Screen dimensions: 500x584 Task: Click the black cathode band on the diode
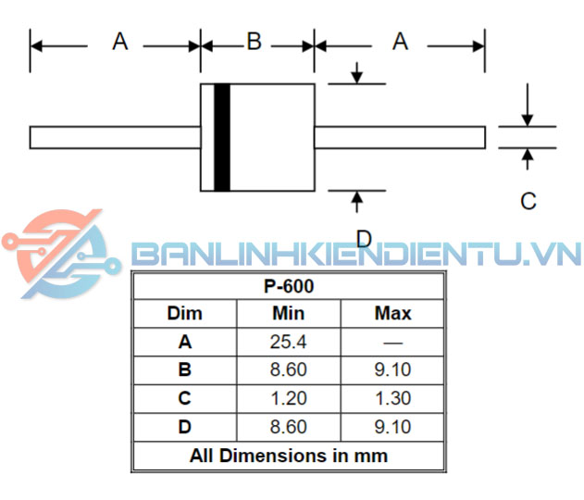pyautogui.click(x=222, y=138)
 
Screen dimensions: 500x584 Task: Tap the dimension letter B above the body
pyautogui.click(x=254, y=42)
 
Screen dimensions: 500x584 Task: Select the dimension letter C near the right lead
pyautogui.click(x=528, y=201)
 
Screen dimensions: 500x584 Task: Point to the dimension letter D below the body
pyautogui.click(x=363, y=239)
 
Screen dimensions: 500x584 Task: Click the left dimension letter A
pyautogui.click(x=119, y=42)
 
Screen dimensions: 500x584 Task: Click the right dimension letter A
pyautogui.click(x=400, y=42)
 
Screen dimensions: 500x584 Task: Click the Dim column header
pyautogui.click(x=184, y=314)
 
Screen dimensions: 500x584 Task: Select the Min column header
pyautogui.click(x=288, y=314)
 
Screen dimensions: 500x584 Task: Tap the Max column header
pyautogui.click(x=392, y=314)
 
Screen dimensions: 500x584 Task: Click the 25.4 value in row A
pyautogui.click(x=288, y=343)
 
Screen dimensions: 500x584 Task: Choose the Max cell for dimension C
pyautogui.click(x=392, y=399)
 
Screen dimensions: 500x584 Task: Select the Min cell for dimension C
pyautogui.click(x=288, y=399)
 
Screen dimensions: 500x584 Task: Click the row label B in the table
pyautogui.click(x=184, y=370)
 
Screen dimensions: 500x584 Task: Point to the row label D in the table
pyautogui.click(x=184, y=427)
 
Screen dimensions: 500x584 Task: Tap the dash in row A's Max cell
pyautogui.click(x=392, y=343)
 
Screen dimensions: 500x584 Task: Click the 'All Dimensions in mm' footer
pyautogui.click(x=289, y=456)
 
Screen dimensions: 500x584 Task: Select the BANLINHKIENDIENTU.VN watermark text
pyautogui.click(x=355, y=254)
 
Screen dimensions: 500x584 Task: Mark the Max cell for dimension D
pyautogui.click(x=392, y=427)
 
